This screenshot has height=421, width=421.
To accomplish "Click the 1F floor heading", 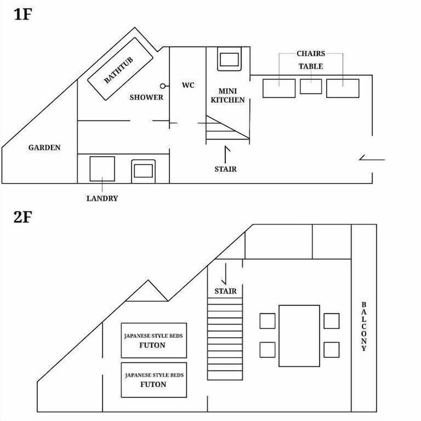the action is (x=23, y=14).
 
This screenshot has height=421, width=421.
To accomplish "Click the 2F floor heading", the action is (x=23, y=217).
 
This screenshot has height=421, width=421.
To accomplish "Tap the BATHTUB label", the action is (x=118, y=70).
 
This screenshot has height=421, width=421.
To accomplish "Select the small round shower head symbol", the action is (x=163, y=86).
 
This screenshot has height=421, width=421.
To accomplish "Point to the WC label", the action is (x=188, y=85).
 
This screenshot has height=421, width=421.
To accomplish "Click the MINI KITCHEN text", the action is (x=228, y=95).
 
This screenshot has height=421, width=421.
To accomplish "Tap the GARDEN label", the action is (x=44, y=147).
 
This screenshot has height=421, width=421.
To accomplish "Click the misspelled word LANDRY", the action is (x=102, y=198).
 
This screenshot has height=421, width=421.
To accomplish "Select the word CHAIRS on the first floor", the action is (x=310, y=54).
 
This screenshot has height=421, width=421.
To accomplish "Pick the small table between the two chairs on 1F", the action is (x=310, y=86).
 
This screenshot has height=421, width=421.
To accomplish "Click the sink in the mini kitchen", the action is (x=229, y=59).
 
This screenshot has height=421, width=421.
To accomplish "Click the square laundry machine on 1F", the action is (x=102, y=169).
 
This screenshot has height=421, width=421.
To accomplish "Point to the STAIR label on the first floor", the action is (x=226, y=169).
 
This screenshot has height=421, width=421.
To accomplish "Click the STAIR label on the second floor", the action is (x=226, y=291).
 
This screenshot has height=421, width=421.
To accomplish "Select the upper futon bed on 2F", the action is (x=154, y=340).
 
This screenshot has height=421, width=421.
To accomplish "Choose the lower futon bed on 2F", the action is (x=154, y=380).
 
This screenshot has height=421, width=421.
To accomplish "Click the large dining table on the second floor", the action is (x=299, y=336).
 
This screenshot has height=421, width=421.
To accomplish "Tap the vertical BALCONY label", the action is (x=364, y=326).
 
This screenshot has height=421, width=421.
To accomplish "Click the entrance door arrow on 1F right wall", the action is (x=372, y=159).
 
